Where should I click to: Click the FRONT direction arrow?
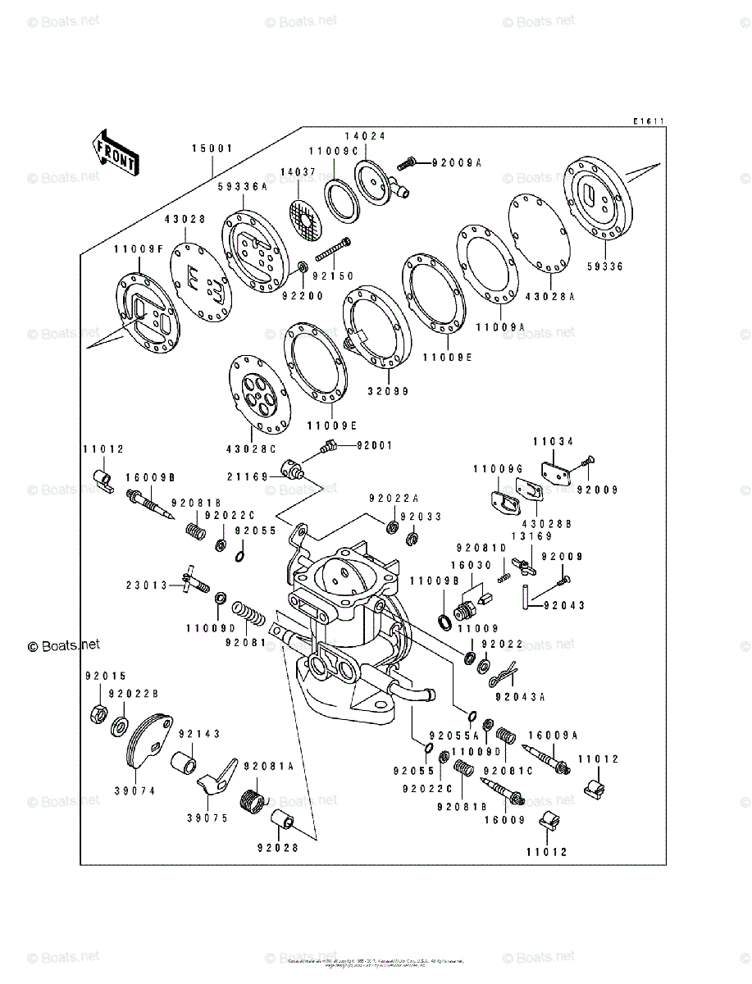pyautogui.click(x=114, y=153)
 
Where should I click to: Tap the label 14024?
pyautogui.click(x=364, y=136)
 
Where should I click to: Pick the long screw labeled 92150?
pyautogui.click(x=330, y=250)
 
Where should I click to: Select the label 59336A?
pyautogui.click(x=243, y=187)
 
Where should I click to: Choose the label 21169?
pyautogui.click(x=246, y=475)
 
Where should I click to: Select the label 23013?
pyautogui.click(x=146, y=585)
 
